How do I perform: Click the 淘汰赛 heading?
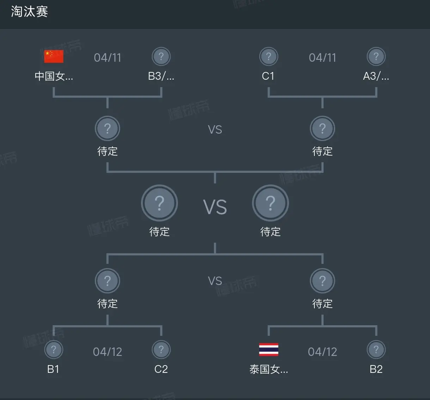[x=30, y=11]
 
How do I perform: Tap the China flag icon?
[x=54, y=56]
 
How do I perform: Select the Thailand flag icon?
[x=269, y=350]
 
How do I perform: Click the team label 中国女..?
[x=54, y=76]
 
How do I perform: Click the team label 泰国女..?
[x=269, y=369]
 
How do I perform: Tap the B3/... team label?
[x=161, y=76]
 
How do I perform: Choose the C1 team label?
[x=268, y=76]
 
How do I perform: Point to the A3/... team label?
[x=376, y=76]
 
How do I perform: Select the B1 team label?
[x=53, y=369]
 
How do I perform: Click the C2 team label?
[x=161, y=369]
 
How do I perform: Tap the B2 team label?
[x=376, y=369]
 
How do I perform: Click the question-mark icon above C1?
[x=269, y=56]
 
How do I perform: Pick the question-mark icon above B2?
[x=376, y=350]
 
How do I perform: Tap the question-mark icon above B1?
[x=54, y=350]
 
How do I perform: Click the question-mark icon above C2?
[x=161, y=350]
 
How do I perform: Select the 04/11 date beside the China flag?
[x=107, y=57]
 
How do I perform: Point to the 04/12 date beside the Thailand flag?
[x=322, y=352]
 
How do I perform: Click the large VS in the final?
[x=215, y=207]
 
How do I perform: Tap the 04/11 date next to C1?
[x=322, y=57]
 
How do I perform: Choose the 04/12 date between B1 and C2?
[x=107, y=352]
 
